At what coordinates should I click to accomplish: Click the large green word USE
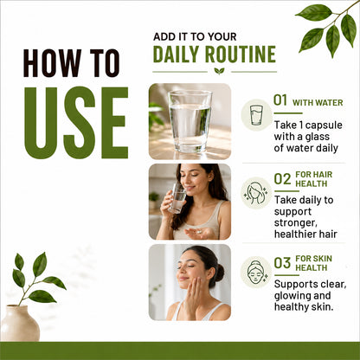pos(76,123)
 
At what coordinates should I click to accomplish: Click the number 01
pos(280,100)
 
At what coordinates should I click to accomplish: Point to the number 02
pos(282,179)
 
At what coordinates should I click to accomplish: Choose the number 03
pos(282,263)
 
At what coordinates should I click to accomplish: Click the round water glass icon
pos(256,115)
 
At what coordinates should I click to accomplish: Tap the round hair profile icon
pos(256,193)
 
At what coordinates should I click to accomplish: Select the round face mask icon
pos(256,272)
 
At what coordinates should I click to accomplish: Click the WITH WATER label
pos(318,103)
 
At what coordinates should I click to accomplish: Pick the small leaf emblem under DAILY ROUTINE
pos(219,71)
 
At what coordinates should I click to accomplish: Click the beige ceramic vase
pos(20,323)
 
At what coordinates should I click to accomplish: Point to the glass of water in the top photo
pos(190,120)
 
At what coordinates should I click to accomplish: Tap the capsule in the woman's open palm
pos(198,231)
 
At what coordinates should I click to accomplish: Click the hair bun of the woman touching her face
pos(219,273)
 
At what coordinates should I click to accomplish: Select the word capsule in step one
pos(324,125)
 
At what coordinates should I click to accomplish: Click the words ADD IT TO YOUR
pos(195,37)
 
